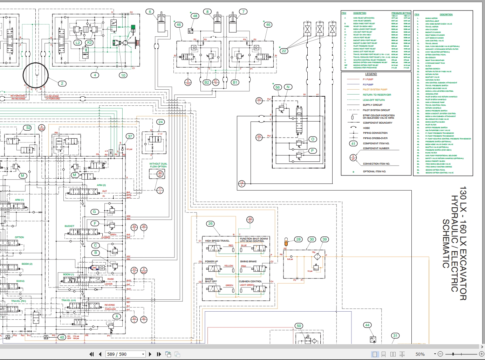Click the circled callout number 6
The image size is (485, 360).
(150, 12)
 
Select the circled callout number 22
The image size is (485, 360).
(284, 51)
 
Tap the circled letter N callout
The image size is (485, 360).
(288, 87)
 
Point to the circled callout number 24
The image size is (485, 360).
(160, 122)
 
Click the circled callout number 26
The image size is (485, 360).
(210, 223)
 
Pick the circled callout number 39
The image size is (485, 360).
(325, 239)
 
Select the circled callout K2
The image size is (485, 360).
(89, 43)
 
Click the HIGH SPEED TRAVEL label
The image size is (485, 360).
(217, 241)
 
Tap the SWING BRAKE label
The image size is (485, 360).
(248, 262)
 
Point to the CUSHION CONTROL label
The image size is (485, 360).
(250, 281)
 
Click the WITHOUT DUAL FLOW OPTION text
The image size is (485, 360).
(158, 165)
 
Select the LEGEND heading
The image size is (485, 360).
(371, 74)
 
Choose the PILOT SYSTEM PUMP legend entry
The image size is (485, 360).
(375, 90)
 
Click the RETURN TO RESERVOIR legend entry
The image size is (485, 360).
(377, 95)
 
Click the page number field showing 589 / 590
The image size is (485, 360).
(125, 354)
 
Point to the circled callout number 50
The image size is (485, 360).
(299, 326)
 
